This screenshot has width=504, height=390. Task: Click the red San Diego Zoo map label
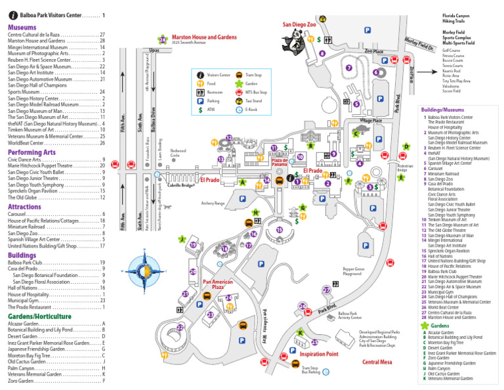pyautogui.click(x=300, y=24)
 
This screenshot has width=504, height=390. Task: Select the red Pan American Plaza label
pyautogui.click(x=217, y=284)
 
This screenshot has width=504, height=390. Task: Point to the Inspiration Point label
pyautogui.click(x=319, y=354)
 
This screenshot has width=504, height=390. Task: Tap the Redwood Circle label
pyautogui.click(x=178, y=153)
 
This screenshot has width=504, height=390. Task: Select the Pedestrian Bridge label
pyautogui.click(x=406, y=168)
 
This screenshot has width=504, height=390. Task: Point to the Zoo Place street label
pyautogui.click(x=373, y=51)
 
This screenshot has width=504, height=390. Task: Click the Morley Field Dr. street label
pyautogui.click(x=420, y=44)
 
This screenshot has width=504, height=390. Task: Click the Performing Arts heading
pyautogui.click(x=31, y=152)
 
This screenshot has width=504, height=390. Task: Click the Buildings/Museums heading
pyautogui.click(x=442, y=110)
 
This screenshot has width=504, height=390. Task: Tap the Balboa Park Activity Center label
pyautogui.click(x=348, y=316)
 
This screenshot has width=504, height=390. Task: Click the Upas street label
pyautogui.click(x=154, y=50)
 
